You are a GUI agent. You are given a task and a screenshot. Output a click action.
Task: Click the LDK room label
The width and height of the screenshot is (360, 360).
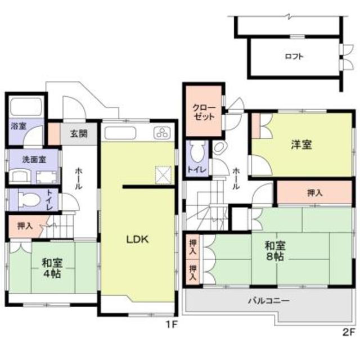pyautogui.click(x=137, y=239)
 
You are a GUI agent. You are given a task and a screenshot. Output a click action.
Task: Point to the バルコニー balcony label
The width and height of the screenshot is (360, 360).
pyautogui.click(x=269, y=301)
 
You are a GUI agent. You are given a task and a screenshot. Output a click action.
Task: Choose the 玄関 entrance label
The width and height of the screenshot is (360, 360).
pyautogui.click(x=79, y=134)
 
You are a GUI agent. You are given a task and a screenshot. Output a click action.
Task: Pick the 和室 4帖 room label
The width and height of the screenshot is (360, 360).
pyautogui.click(x=51, y=268)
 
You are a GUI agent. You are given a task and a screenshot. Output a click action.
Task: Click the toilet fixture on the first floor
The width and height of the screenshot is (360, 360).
pyautogui.click(x=26, y=200)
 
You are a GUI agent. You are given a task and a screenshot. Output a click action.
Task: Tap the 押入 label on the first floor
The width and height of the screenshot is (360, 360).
pyautogui.click(x=24, y=227)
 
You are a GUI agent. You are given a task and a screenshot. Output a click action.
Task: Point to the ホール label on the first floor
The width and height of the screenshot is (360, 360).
pyautogui.click(x=78, y=179)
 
